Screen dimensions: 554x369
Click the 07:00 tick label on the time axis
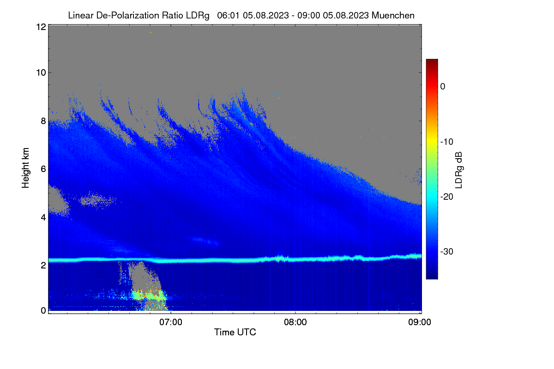[x=171, y=322]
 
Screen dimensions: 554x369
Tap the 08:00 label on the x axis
[x=295, y=322]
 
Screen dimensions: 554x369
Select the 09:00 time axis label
[x=420, y=322]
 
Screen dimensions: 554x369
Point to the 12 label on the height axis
[x=41, y=27]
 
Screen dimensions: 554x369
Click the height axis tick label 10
[x=41, y=73]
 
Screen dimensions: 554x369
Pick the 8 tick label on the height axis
[x=43, y=121]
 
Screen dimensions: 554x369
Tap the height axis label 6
[x=43, y=169]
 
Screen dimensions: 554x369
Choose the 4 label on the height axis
[x=43, y=218]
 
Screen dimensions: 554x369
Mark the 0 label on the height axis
[x=43, y=310]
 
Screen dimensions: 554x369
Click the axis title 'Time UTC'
[x=235, y=332]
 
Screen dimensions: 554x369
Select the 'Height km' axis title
[x=25, y=168]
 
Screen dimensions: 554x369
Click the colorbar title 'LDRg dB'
[x=459, y=170]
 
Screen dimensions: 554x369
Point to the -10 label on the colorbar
[x=447, y=142]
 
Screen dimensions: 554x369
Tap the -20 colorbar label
[x=447, y=197]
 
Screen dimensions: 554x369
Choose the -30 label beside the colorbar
[x=447, y=251]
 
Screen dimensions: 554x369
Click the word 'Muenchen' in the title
[x=393, y=15]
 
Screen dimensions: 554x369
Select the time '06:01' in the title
[x=228, y=15]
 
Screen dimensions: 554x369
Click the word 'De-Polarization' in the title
[x=127, y=15]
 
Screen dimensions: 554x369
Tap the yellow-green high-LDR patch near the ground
[x=148, y=296]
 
